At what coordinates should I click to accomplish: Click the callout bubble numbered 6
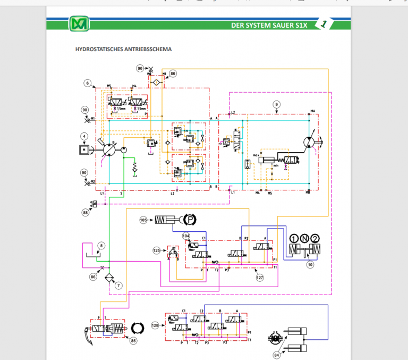88,83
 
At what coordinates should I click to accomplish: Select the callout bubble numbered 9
276,104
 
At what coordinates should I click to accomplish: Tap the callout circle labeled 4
83,136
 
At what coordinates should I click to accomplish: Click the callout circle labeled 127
259,277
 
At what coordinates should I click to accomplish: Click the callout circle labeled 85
133,341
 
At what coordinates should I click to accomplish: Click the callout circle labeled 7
118,286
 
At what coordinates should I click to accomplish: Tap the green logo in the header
79,24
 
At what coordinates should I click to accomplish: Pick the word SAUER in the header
285,25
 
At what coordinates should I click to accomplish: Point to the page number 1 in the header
324,23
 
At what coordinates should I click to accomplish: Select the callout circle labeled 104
186,235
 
